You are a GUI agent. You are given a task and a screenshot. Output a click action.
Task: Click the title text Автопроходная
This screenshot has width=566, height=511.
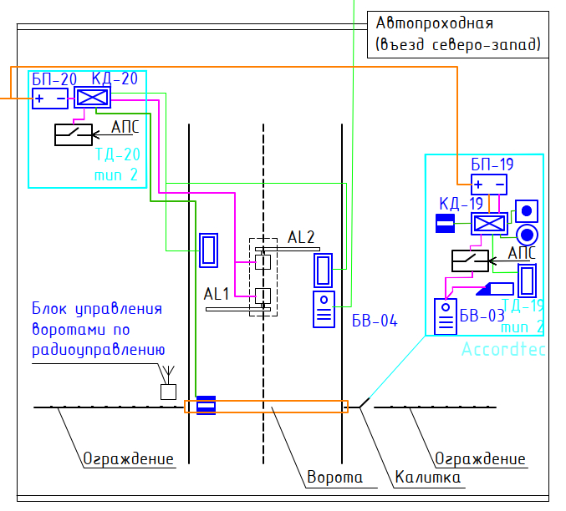click(x=435, y=23)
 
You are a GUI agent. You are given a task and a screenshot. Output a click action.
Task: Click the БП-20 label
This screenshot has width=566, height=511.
click(x=54, y=79)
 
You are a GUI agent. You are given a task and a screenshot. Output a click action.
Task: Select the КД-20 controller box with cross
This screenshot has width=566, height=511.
click(x=87, y=98)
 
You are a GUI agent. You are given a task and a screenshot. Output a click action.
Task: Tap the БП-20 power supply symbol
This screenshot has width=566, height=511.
click(x=50, y=99)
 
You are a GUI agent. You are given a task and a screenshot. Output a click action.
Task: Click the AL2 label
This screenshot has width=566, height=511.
click(x=301, y=237)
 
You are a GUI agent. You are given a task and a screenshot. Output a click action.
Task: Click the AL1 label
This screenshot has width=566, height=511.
click(x=217, y=294)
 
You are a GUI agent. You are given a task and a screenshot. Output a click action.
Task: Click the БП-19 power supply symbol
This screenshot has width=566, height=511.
click(x=489, y=185)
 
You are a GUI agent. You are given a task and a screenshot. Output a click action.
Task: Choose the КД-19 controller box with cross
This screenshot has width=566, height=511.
click(x=489, y=224)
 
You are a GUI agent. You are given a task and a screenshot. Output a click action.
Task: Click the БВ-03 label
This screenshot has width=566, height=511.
click(x=482, y=316)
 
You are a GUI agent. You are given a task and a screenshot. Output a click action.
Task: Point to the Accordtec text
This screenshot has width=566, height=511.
click(x=503, y=350)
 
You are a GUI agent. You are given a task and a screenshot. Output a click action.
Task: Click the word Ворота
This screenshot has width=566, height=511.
click(x=335, y=478)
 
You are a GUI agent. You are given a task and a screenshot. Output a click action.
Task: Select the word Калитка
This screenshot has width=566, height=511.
click(x=426, y=478)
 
